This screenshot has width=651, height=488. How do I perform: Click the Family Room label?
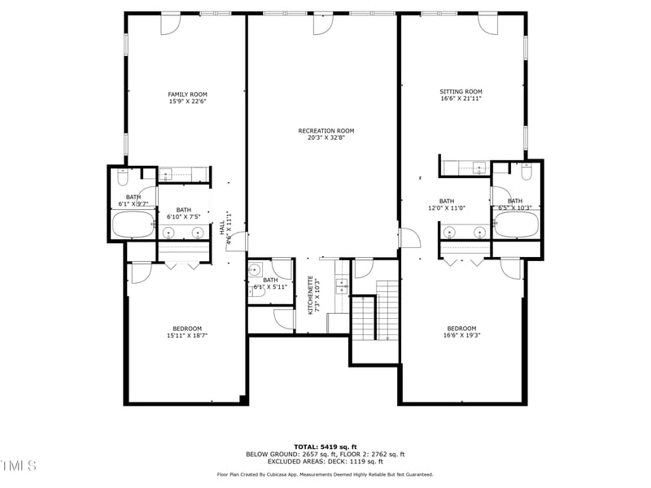pyautogui.click(x=187, y=94)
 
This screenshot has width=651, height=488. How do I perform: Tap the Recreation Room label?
pyautogui.click(x=325, y=130)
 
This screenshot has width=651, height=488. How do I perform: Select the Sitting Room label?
pyautogui.click(x=461, y=92)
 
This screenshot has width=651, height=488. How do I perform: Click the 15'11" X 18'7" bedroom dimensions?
pyautogui.click(x=187, y=335)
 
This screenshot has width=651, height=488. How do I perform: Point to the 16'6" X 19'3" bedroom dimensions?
pyautogui.click(x=461, y=335)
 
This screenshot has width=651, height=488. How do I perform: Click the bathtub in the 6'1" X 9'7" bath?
pyautogui.click(x=132, y=225)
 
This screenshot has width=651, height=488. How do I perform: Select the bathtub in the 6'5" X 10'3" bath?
pyautogui.click(x=517, y=225)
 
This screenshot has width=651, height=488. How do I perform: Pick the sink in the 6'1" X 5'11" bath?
pyautogui.click(x=255, y=270)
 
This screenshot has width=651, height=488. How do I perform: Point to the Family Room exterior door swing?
pyautogui.click(x=170, y=24)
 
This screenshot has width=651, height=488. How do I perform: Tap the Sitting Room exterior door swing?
pyautogui.click(x=488, y=24)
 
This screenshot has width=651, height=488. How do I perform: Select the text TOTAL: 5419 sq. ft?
pyautogui.click(x=325, y=447)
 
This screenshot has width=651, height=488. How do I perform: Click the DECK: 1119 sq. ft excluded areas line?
pyautogui.click(x=325, y=461)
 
